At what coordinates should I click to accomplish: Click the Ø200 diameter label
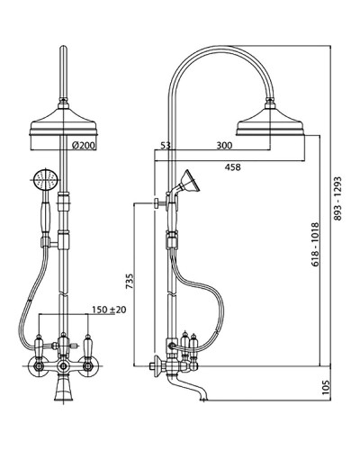tap(84, 146)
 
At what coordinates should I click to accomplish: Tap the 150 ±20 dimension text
tap(109, 310)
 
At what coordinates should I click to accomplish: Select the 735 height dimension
tap(129, 281)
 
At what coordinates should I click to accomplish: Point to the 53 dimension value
tap(166, 146)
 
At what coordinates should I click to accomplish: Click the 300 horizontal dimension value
tap(224, 146)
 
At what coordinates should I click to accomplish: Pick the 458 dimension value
tap(233, 167)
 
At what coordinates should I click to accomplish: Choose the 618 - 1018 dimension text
tap(315, 245)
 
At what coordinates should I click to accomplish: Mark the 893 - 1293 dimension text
tap(338, 199)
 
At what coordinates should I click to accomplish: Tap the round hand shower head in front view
tap(46, 180)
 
